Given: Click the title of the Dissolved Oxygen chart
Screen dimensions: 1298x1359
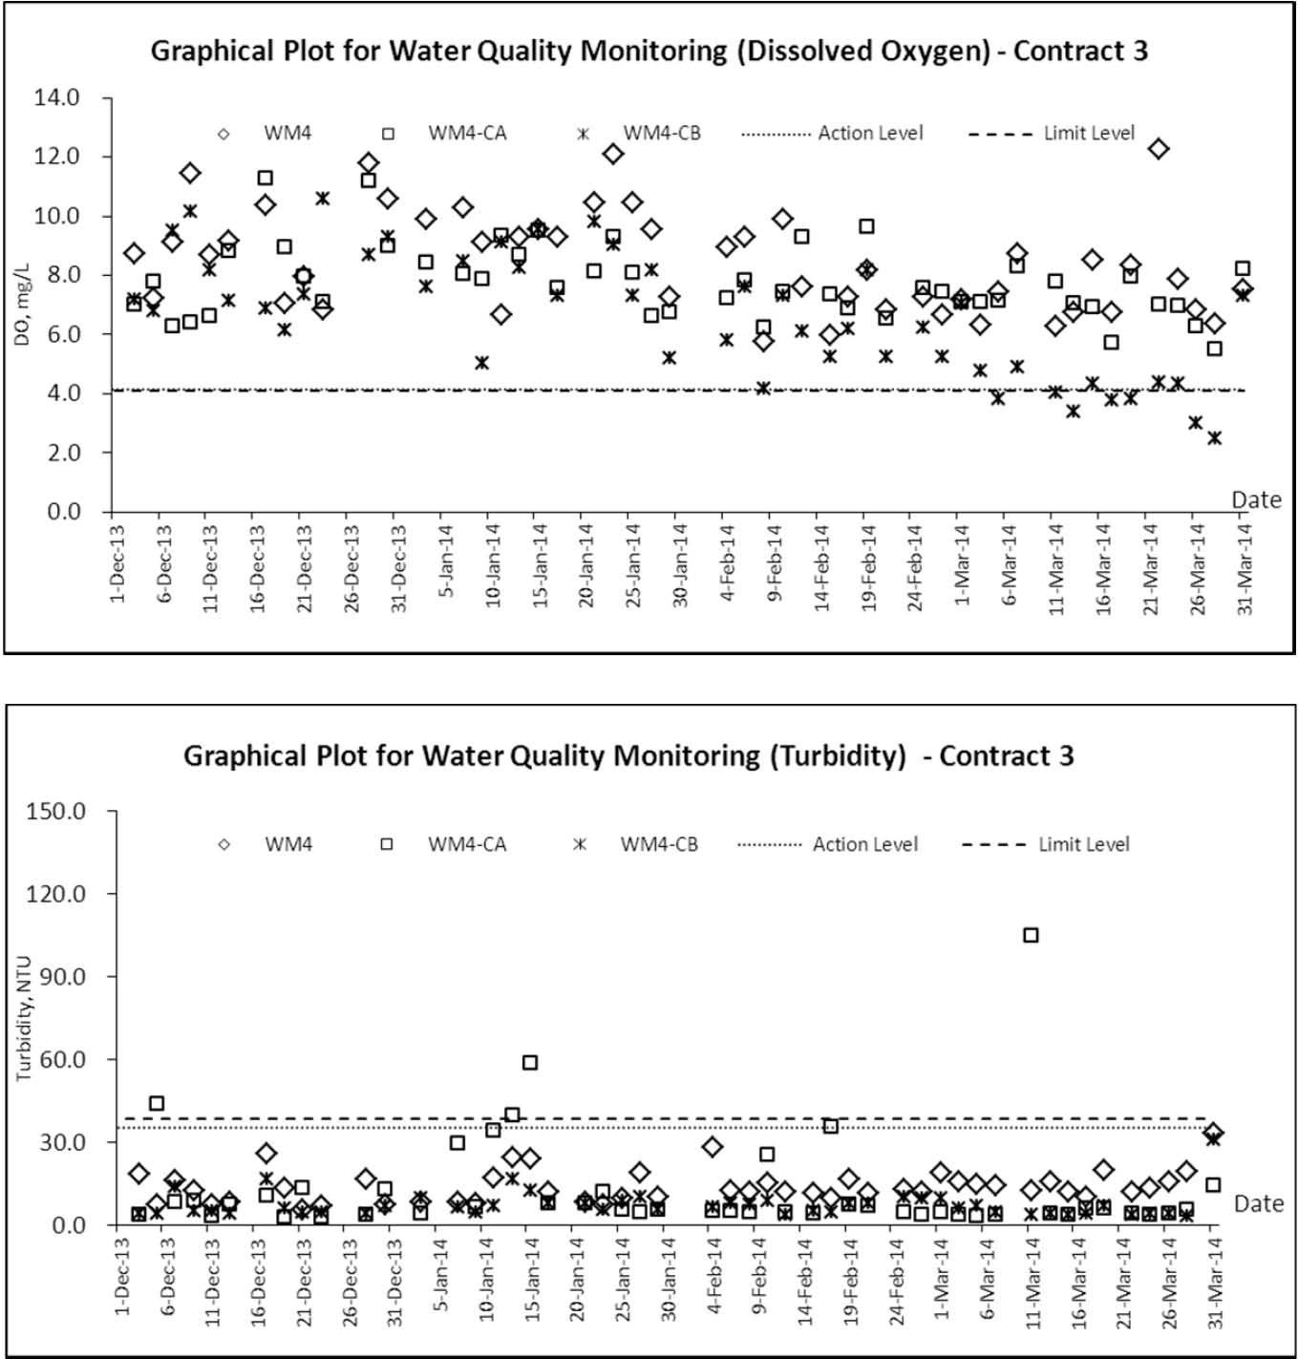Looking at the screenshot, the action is coord(649,51).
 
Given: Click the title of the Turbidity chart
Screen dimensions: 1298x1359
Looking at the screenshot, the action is coord(628,755).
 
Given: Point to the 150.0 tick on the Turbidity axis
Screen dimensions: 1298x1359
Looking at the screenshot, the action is coord(56,811).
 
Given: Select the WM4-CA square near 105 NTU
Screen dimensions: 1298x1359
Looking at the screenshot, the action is coord(1031,935).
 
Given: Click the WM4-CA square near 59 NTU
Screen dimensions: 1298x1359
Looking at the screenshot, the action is coord(529,1062).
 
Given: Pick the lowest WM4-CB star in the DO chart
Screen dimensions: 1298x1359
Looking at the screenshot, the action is coord(1214,437).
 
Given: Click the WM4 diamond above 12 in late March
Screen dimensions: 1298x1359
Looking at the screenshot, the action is coord(1159,149).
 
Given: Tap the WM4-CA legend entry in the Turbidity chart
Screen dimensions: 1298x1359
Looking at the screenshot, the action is coord(443,844).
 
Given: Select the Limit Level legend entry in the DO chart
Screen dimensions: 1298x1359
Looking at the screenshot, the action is coord(1052,133).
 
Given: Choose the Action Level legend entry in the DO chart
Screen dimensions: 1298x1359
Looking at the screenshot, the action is coord(833,133).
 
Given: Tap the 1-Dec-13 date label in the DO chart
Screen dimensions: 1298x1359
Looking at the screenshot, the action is coord(117,563).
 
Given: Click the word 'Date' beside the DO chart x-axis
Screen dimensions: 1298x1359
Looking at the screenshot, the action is coord(1256,500).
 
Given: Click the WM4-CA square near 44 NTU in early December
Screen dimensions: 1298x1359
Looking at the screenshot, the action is coord(157,1103).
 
